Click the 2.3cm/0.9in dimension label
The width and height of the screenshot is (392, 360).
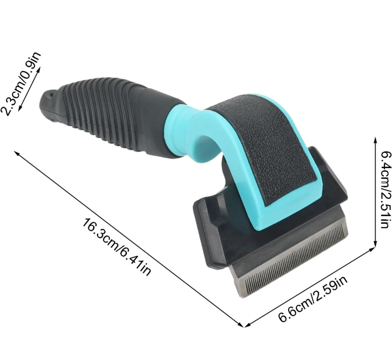[20, 84]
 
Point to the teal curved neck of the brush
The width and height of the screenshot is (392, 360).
[190, 132]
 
